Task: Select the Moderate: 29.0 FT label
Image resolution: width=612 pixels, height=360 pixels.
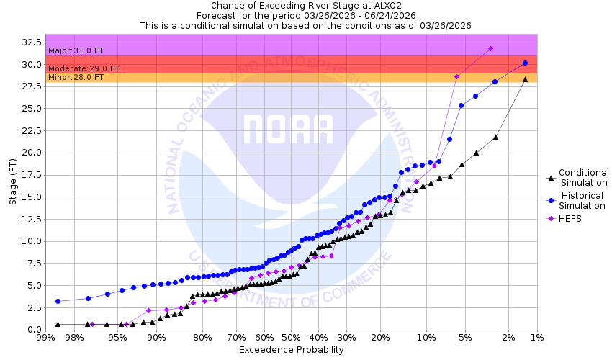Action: pyautogui.click(x=84, y=68)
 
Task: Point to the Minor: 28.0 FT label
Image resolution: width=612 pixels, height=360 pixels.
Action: pyautogui.click(x=75, y=77)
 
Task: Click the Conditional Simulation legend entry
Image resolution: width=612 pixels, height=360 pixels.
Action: pyautogui.click(x=583, y=177)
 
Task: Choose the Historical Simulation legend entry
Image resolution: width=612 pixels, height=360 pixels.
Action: pyautogui.click(x=583, y=201)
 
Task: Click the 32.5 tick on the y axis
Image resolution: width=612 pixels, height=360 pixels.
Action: pyautogui.click(x=30, y=42)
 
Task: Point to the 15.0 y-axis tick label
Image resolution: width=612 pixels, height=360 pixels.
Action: pyautogui.click(x=30, y=197)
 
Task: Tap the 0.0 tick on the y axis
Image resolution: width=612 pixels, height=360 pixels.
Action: pyautogui.click(x=33, y=329)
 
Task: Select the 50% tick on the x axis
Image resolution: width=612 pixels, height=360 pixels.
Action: pyautogui.click(x=291, y=338)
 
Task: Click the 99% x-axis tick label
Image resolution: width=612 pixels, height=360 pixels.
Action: pyautogui.click(x=45, y=338)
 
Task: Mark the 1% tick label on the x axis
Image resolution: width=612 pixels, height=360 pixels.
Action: pyautogui.click(x=536, y=338)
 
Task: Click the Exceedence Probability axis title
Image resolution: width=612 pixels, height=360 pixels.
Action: pyautogui.click(x=291, y=350)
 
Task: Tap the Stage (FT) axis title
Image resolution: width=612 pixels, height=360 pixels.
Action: pyautogui.click(x=12, y=181)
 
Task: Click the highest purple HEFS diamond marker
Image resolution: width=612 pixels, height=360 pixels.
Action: pyautogui.click(x=490, y=48)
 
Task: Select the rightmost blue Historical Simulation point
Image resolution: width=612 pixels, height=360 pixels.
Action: pyautogui.click(x=525, y=63)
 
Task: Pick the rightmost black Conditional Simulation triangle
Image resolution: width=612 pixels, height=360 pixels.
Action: pyautogui.click(x=525, y=79)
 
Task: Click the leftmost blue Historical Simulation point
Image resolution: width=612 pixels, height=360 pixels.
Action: pyautogui.click(x=58, y=301)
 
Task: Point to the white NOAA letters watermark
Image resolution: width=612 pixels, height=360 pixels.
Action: pyautogui.click(x=288, y=130)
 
